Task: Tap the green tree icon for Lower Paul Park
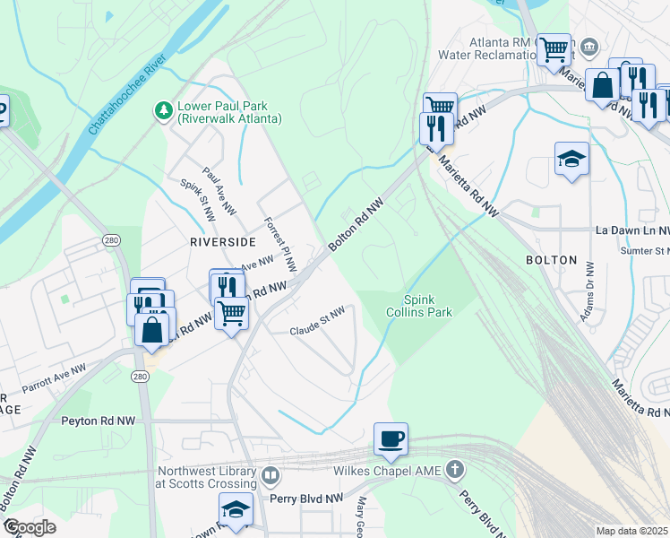click(x=163, y=110)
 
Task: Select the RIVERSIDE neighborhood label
click(x=222, y=242)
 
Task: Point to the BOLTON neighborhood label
click(x=552, y=259)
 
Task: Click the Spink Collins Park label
click(x=428, y=306)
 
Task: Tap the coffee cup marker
click(x=391, y=439)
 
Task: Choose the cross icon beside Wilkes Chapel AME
click(x=456, y=469)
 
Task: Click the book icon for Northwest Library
click(x=271, y=475)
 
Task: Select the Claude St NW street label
click(x=317, y=332)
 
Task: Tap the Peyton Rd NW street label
click(x=98, y=420)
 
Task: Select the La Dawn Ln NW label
click(x=632, y=230)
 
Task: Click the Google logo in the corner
click(x=29, y=527)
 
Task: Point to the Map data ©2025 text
click(x=631, y=531)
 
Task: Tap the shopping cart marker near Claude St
click(x=231, y=314)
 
